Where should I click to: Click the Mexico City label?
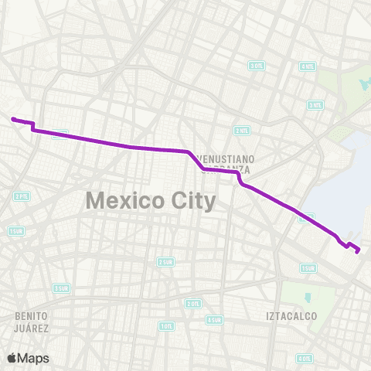(x=151, y=200)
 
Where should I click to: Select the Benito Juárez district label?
(x=32, y=322)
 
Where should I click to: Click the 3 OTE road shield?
(x=257, y=66)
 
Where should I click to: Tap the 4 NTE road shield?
(x=308, y=66)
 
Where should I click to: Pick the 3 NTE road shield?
(x=315, y=104)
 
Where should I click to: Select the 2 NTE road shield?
(x=243, y=130)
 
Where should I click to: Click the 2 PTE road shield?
(x=21, y=196)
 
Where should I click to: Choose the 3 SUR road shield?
(x=61, y=288)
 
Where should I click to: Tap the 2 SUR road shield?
(x=165, y=261)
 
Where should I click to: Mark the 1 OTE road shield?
(x=166, y=326)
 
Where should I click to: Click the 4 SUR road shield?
(x=214, y=319)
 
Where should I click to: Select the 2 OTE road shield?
(x=192, y=304)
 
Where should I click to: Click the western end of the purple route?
(x=12, y=119)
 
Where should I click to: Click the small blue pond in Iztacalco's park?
(x=307, y=297)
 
